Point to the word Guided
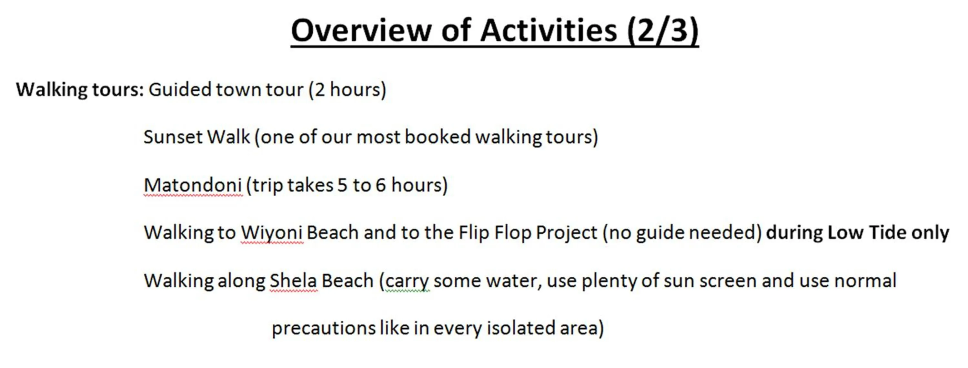tap(180, 89)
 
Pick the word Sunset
tap(173, 137)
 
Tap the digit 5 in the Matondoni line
tap(342, 185)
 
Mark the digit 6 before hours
tap(381, 185)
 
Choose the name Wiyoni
tap(272, 233)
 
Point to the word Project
tap(566, 233)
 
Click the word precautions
tap(323, 329)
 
